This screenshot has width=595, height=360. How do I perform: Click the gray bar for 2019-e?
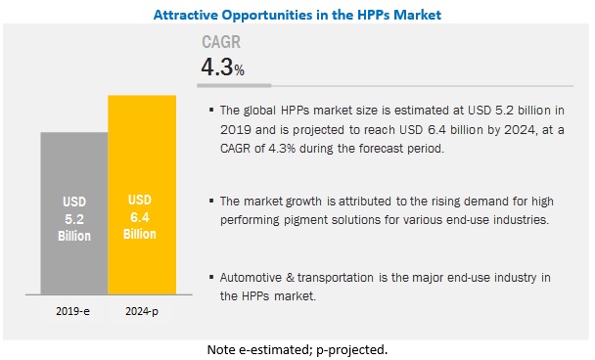(74, 213)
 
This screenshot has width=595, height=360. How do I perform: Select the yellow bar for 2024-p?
(142, 195)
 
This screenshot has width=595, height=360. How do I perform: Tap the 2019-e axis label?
(72, 311)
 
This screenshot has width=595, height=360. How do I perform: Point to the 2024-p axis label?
(142, 311)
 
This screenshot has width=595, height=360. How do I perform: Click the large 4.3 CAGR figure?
(217, 67)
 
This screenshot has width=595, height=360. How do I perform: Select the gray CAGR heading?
(221, 42)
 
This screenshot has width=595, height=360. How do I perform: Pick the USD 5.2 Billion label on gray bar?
(74, 219)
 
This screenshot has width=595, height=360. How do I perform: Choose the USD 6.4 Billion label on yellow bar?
(140, 217)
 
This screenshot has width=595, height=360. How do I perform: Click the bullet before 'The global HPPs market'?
(211, 110)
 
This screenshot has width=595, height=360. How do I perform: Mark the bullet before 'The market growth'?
(211, 201)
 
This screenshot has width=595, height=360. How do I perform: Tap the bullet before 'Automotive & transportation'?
(211, 277)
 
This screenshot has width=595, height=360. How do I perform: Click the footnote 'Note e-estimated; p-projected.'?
(297, 349)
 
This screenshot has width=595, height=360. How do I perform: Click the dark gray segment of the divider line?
(234, 86)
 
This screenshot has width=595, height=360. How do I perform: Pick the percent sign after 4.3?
(239, 70)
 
